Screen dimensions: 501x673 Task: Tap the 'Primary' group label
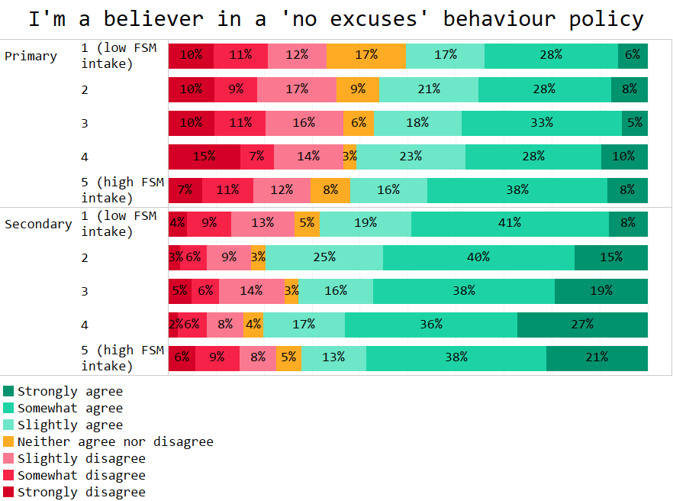pos(31,56)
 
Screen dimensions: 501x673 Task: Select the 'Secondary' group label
pos(38,224)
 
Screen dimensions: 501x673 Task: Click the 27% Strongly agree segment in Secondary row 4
pos(582,325)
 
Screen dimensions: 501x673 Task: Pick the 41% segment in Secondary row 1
pos(510,224)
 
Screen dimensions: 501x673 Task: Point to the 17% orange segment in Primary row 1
pos(366,56)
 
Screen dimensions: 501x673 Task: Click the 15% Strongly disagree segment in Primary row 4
pos(204,157)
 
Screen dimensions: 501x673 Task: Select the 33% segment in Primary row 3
pos(542,123)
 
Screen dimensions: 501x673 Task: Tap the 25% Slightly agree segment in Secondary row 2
pos(324,257)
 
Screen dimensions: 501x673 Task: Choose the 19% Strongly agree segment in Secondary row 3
pos(601,291)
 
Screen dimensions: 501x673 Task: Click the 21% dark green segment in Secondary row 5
pos(597,358)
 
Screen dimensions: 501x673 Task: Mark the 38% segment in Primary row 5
pos(517,190)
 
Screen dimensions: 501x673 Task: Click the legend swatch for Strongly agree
pos(8,391)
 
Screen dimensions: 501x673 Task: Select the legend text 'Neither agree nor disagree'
pos(115,441)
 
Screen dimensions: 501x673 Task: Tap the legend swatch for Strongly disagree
pos(8,492)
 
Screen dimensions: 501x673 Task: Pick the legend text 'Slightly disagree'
pos(81,458)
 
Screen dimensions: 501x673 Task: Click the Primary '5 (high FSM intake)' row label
pos(122,190)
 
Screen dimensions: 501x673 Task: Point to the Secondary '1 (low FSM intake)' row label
pos(118,224)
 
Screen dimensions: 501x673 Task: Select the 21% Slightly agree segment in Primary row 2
pos(429,89)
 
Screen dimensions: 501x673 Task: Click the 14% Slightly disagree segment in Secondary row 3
pos(251,291)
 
